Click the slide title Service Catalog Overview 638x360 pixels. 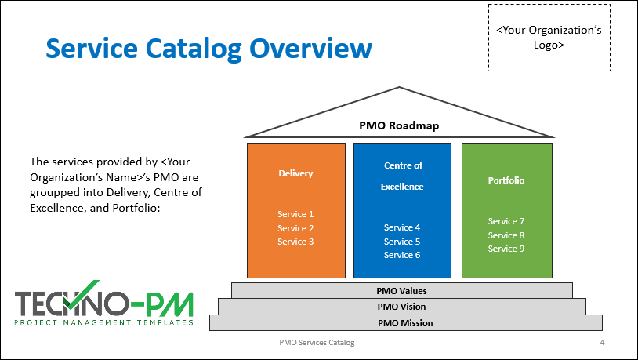(x=208, y=48)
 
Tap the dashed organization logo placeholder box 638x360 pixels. (x=549, y=38)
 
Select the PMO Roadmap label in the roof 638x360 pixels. (x=400, y=125)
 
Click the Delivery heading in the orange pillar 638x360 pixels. (x=295, y=173)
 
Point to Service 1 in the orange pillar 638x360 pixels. (x=295, y=214)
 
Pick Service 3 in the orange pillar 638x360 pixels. (x=295, y=242)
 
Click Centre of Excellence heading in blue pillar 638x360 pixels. (x=403, y=176)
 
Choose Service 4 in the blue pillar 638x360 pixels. (x=402, y=227)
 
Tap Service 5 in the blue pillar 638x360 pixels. (x=402, y=242)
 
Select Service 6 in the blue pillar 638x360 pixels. (x=402, y=255)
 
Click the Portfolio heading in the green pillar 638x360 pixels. (x=506, y=180)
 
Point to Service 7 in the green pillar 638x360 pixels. (x=506, y=221)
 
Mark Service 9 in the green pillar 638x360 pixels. (x=506, y=249)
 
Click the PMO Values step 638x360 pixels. (x=401, y=290)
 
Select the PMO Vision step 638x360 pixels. (x=401, y=307)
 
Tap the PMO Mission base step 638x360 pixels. (x=404, y=322)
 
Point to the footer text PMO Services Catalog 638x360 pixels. (x=317, y=343)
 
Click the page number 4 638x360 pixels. (x=602, y=343)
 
